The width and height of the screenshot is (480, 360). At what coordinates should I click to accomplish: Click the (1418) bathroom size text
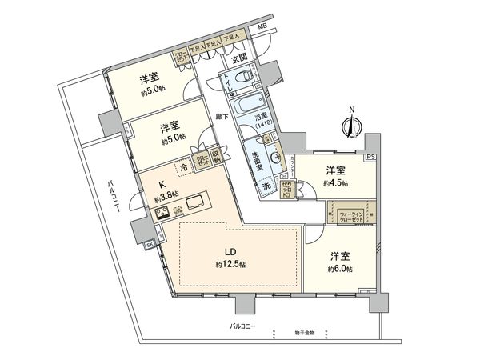(263, 125)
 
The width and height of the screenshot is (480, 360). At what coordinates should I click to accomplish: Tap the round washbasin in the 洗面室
(277, 158)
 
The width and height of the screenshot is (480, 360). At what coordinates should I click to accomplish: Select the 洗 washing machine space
(266, 186)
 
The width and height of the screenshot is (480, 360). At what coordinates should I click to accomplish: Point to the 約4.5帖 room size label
(335, 182)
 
